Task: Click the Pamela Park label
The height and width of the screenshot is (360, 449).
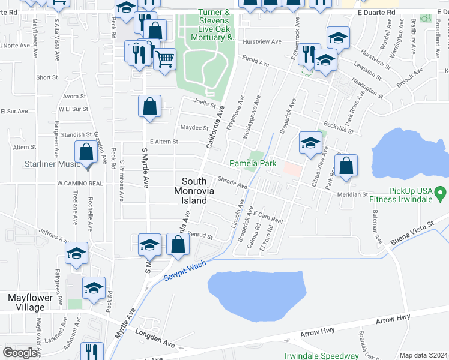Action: (x=253, y=163)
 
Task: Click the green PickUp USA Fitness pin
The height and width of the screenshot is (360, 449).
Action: (x=441, y=193)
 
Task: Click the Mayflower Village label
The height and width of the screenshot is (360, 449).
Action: (x=26, y=302)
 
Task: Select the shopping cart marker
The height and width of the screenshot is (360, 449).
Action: (x=164, y=59)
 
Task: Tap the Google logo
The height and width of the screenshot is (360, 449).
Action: (x=20, y=353)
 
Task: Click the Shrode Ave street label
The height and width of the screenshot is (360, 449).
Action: (x=232, y=182)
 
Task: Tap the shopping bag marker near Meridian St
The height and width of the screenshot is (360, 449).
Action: (x=346, y=166)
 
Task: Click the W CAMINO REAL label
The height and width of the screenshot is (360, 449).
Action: (x=81, y=182)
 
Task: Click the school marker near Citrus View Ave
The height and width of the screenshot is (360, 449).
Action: (x=310, y=143)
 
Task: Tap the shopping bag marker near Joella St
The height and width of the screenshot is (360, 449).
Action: (x=150, y=107)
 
